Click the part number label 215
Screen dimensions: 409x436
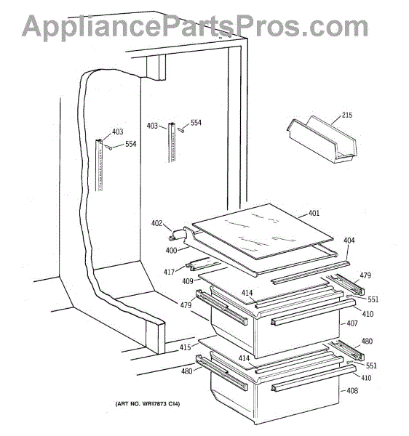(x=347, y=115)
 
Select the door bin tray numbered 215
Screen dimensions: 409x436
(x=322, y=140)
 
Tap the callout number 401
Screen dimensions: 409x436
(x=314, y=213)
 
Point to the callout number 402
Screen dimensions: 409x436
(x=156, y=223)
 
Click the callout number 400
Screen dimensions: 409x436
(x=171, y=251)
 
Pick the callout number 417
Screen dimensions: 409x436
(x=169, y=272)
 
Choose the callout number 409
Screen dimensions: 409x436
(x=187, y=281)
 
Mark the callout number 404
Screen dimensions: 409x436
(x=349, y=241)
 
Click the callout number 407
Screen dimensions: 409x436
(x=352, y=323)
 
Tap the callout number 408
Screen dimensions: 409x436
(x=352, y=391)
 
